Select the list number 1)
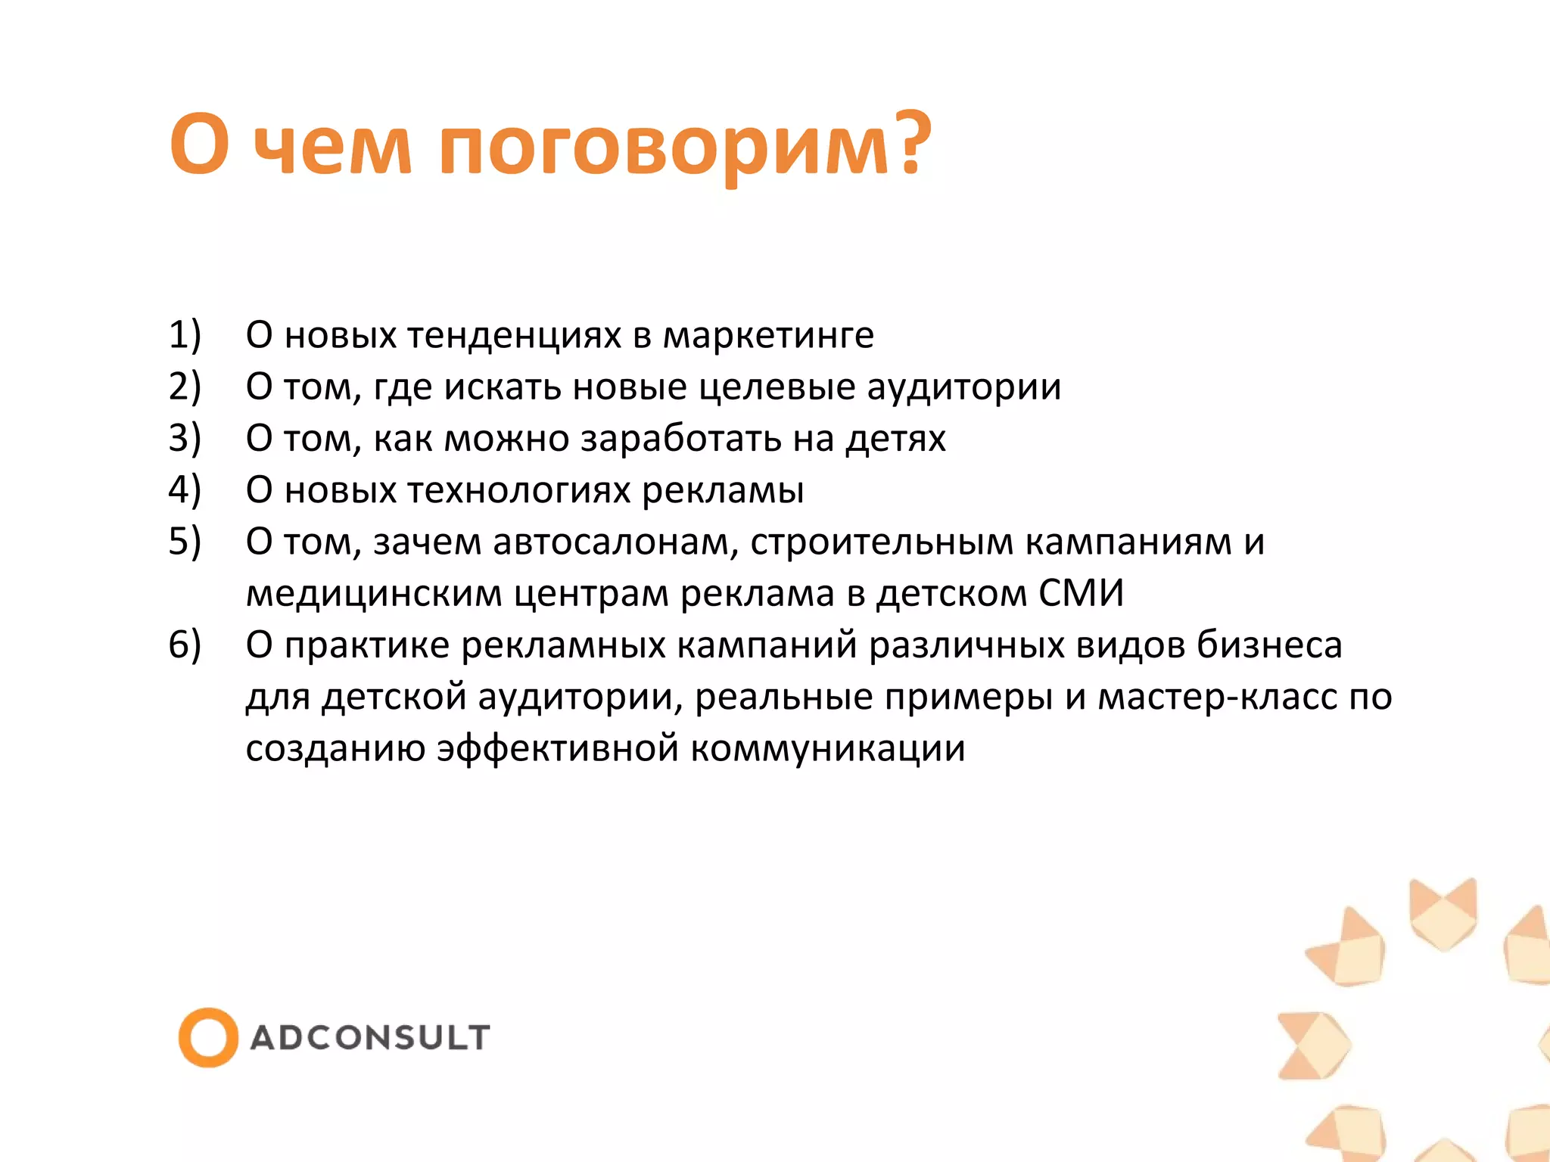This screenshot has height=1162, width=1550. [x=184, y=335]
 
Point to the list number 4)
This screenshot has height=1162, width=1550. [x=184, y=490]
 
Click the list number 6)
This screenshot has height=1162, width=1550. [x=184, y=645]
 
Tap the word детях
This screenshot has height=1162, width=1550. [x=895, y=440]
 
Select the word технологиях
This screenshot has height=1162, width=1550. [x=519, y=491]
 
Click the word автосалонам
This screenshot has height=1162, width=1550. [x=615, y=542]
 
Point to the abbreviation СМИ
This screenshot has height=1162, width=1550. [x=1081, y=593]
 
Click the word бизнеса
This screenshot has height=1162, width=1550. [x=1269, y=645]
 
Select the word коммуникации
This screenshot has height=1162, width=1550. [x=828, y=749]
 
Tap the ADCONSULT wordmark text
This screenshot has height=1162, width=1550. [x=370, y=1037]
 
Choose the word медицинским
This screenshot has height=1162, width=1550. [x=374, y=595]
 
